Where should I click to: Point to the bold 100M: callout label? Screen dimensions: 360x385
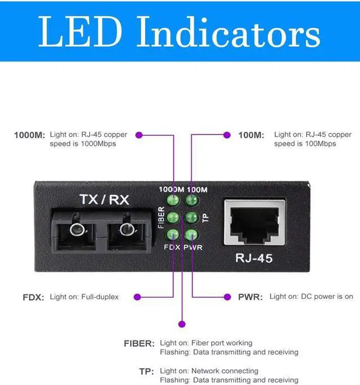tap(251, 135)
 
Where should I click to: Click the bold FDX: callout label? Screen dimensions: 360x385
tap(33, 297)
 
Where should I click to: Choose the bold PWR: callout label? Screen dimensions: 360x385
tap(250, 297)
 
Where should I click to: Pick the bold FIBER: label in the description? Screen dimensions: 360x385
tap(138, 343)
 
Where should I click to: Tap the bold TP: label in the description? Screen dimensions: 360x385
tap(146, 371)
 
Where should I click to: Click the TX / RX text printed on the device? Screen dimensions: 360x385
tap(105, 199)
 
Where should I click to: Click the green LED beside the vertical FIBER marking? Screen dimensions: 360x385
tap(173, 217)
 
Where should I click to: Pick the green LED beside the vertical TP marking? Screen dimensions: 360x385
tap(192, 217)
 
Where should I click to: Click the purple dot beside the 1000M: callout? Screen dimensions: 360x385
tap(139, 135)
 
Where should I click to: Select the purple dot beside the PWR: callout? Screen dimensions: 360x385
tap(227, 297)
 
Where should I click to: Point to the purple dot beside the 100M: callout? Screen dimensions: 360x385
tap(227, 135)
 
